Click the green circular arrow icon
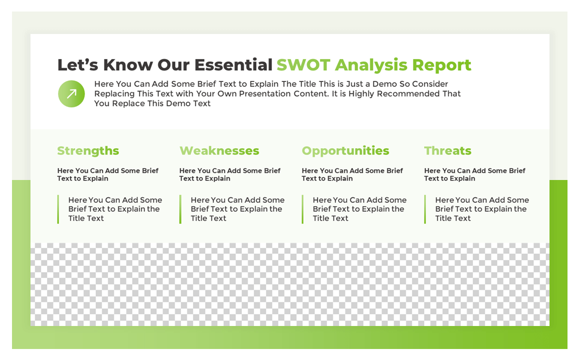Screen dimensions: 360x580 coord(71,94)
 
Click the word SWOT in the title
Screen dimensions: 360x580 coord(303,65)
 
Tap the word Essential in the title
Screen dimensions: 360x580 coord(233,65)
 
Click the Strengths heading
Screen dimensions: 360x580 coord(88,151)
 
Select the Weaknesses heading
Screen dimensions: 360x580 coord(219,151)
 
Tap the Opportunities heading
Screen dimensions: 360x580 coord(345,151)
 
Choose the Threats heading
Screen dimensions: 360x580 coord(447,151)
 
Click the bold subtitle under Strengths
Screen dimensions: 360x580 coord(107,174)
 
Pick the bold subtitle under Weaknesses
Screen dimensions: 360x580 coord(230,174)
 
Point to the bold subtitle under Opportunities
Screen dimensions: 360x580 coord(352,174)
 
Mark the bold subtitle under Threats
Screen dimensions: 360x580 coord(474,174)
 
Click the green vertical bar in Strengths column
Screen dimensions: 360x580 coord(58,209)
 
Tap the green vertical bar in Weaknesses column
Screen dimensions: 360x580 coord(180,209)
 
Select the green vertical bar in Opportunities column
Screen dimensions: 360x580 coord(302,209)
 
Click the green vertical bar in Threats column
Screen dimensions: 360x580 coord(425,209)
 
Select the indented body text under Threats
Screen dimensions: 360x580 coord(481,209)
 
